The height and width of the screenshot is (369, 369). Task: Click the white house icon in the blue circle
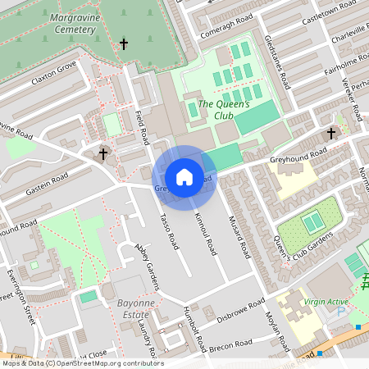tap(184, 177)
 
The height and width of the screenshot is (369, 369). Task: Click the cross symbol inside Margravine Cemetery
tap(125, 43)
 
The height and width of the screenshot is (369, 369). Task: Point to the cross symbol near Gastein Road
tap(104, 153)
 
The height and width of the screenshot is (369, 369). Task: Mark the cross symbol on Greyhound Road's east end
tap(331, 133)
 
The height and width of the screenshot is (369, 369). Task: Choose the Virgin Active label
tap(326, 302)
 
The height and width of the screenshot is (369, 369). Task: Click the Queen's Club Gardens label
tap(298, 246)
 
